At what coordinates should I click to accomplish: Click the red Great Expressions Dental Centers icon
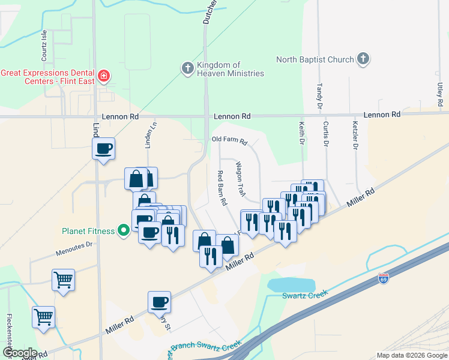104,76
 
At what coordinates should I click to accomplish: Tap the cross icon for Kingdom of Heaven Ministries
187,68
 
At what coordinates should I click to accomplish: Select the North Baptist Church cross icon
363,59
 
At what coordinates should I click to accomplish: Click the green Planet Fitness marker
124,230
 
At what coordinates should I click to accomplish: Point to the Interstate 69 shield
384,278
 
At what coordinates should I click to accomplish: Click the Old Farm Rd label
229,141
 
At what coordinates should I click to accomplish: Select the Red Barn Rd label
221,188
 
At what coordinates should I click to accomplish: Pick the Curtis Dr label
326,134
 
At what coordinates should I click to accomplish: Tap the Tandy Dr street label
319,96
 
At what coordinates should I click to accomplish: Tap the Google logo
19,353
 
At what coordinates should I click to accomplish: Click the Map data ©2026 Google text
412,355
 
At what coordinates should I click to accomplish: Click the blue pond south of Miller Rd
292,285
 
